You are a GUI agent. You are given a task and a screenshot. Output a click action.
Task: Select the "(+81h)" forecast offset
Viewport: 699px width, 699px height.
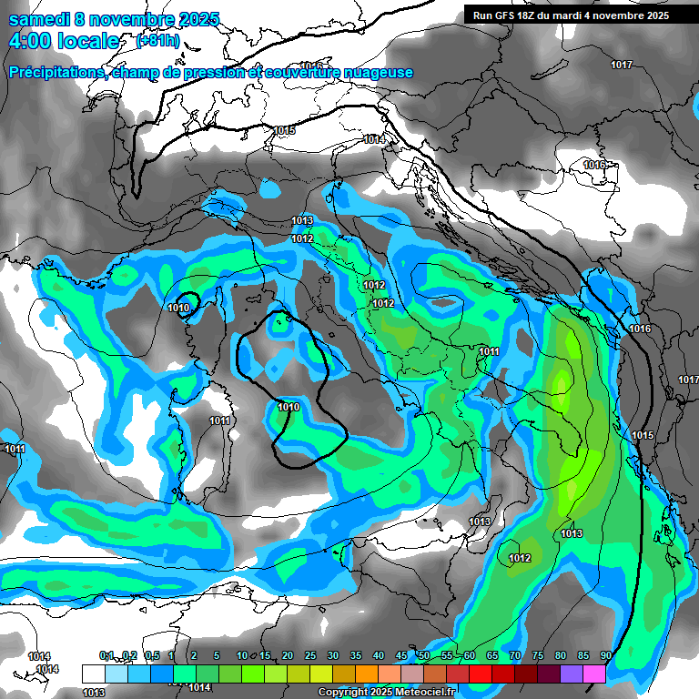pos(157,41)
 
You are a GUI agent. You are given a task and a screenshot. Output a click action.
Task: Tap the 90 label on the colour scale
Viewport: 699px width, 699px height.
pos(606,656)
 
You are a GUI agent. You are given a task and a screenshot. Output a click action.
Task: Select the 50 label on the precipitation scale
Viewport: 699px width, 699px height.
pos(424,656)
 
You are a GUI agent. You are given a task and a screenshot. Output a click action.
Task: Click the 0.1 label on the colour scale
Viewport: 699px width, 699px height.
pos(106,656)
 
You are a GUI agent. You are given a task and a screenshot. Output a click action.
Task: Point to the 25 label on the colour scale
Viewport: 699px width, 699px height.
pos(310,656)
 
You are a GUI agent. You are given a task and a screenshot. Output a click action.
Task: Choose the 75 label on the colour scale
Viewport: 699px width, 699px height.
pos(538,656)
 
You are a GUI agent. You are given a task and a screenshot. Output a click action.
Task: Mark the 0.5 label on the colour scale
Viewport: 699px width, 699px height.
pos(152,656)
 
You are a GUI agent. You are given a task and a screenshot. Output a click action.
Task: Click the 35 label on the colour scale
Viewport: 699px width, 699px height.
pos(356,656)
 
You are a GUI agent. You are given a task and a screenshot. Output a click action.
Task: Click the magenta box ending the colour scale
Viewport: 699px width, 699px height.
pos(594,674)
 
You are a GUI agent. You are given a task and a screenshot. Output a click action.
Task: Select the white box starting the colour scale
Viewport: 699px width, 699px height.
pos(93,674)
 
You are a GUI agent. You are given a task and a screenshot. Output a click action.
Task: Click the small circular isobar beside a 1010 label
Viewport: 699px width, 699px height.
pos(187,301)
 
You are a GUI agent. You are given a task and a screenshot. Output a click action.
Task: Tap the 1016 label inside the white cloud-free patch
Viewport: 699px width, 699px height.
pos(594,166)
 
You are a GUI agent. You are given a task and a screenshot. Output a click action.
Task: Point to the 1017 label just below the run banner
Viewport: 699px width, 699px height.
pos(622,65)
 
